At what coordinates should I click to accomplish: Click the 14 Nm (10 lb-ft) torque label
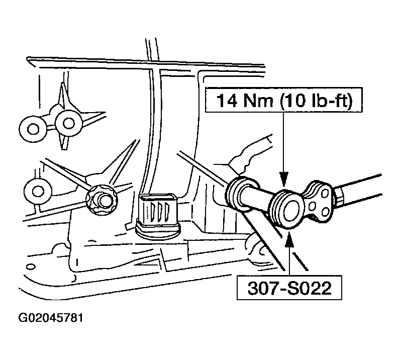click(284, 100)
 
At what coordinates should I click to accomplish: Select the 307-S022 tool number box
click(289, 288)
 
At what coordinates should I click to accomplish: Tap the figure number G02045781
click(51, 318)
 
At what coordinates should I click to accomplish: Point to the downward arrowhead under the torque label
click(283, 178)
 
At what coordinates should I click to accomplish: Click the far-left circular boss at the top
click(33, 129)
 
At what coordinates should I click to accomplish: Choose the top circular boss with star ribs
click(68, 123)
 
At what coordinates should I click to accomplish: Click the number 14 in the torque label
click(226, 100)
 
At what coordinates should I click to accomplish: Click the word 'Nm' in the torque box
click(258, 100)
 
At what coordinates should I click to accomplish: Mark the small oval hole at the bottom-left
click(31, 266)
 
